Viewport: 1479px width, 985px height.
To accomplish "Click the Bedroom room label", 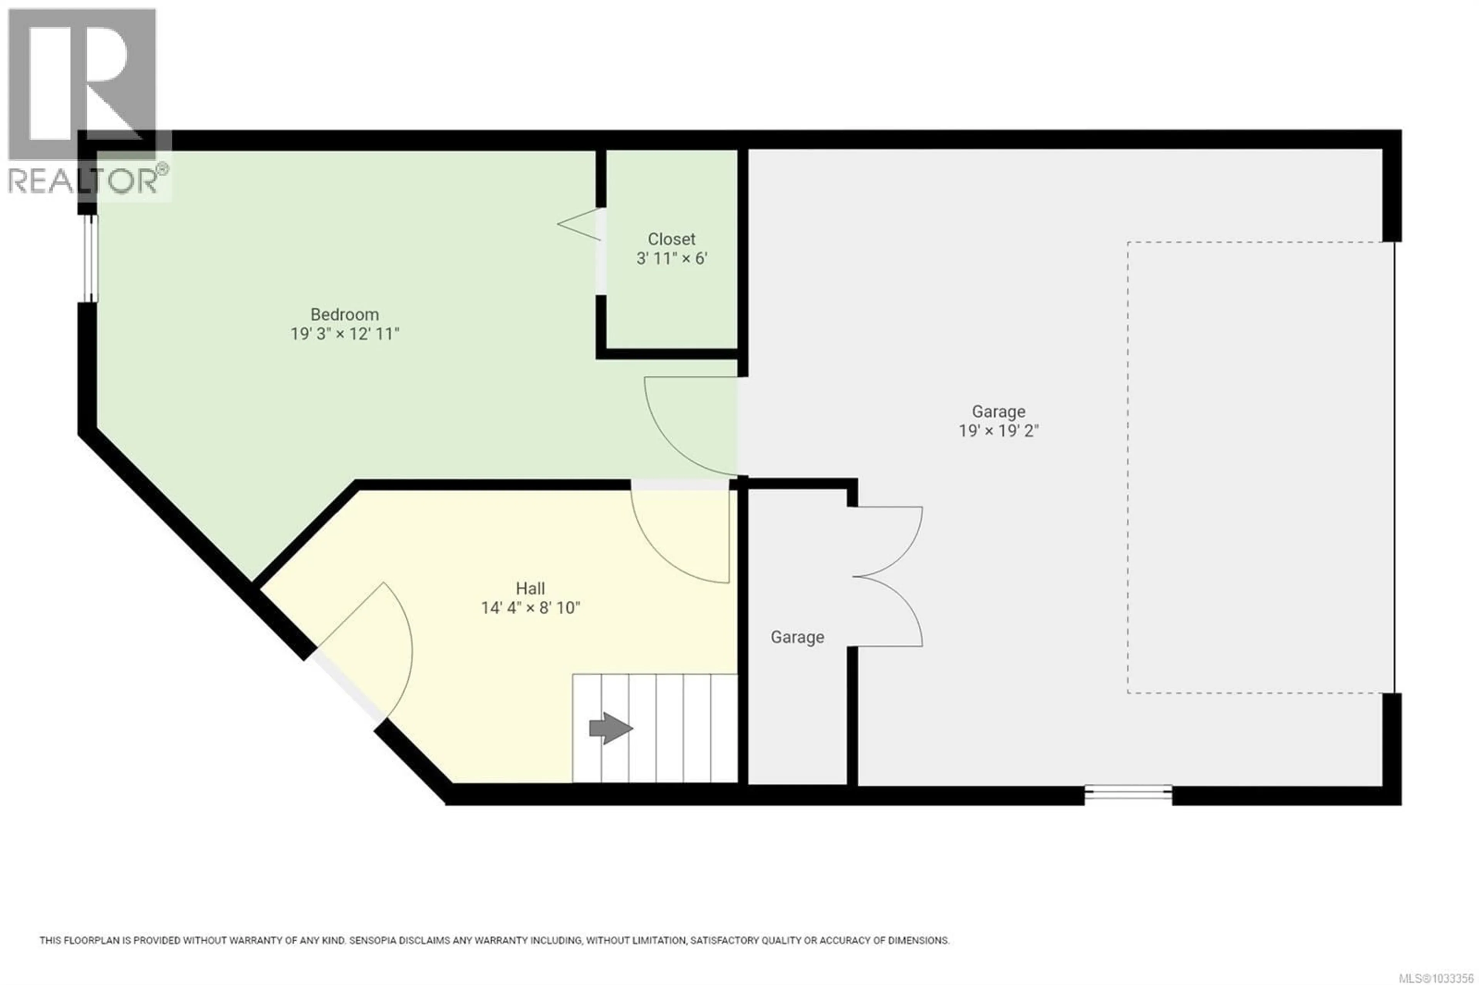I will [344, 314].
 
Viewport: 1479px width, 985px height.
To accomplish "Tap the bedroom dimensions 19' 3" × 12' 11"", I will [344, 333].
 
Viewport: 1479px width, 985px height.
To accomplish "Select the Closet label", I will [671, 240].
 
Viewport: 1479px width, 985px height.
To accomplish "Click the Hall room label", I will [530, 589].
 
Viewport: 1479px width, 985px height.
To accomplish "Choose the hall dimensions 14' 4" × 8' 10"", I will [530, 608].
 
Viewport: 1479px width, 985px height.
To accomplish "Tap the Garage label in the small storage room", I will [797, 638].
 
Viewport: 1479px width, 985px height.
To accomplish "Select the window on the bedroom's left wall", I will [91, 258].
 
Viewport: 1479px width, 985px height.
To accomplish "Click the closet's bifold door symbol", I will [579, 224].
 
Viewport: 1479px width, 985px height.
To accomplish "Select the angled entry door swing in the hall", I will [377, 647].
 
